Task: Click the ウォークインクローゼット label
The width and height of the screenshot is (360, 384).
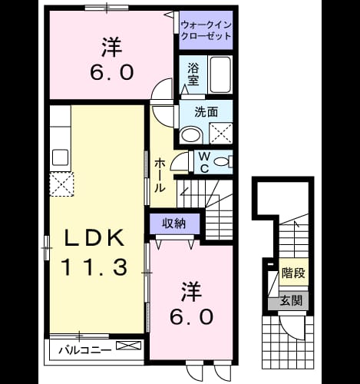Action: click(206, 31)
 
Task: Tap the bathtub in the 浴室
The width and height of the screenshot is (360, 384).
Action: click(220, 74)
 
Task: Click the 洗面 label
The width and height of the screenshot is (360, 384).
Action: click(206, 112)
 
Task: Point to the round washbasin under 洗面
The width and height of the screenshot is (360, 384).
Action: click(191, 135)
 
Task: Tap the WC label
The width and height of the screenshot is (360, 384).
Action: click(204, 162)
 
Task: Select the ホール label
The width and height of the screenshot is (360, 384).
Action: click(160, 175)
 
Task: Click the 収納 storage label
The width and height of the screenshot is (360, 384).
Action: click(174, 224)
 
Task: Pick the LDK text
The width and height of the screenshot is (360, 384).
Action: click(94, 238)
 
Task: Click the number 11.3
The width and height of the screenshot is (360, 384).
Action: click(94, 267)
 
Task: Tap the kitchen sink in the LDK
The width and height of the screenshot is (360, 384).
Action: click(61, 157)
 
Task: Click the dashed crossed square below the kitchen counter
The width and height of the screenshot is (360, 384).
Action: click(61, 184)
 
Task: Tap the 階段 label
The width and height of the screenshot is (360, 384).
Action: click(293, 273)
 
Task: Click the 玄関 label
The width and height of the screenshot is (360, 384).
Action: click(291, 300)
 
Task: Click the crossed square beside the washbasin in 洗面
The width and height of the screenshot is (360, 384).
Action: click(221, 133)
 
